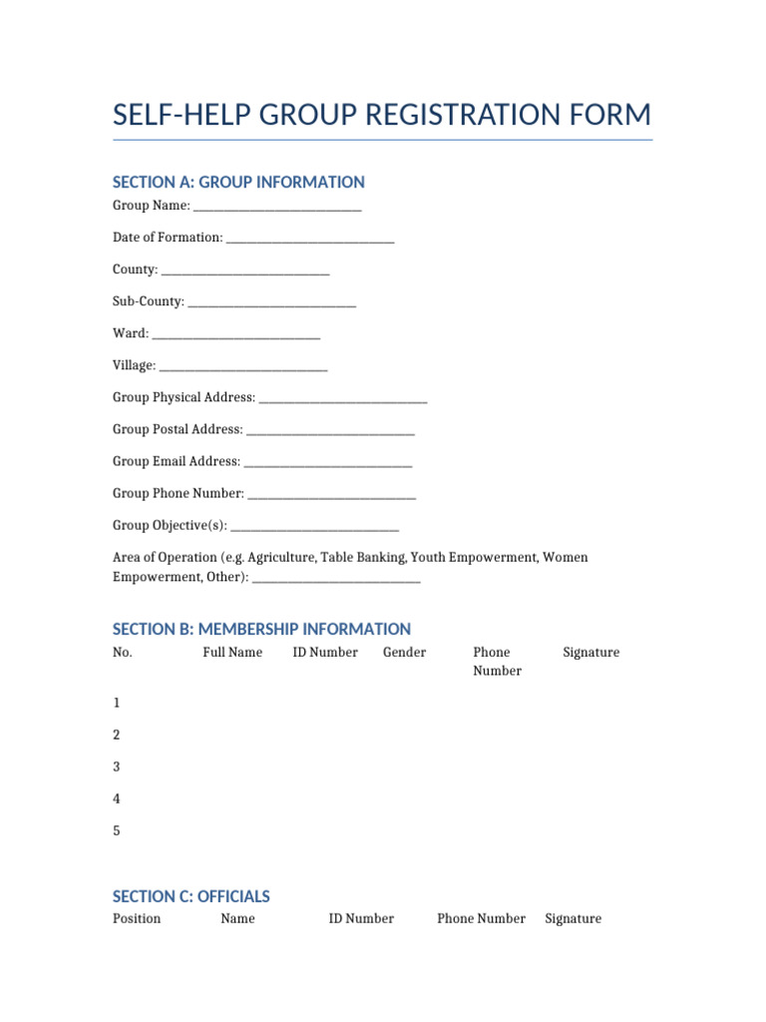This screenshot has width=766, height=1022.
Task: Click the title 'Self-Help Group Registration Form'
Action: [x=382, y=115]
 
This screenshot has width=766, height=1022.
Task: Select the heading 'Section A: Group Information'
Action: [x=238, y=182]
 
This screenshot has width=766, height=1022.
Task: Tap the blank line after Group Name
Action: [x=277, y=208]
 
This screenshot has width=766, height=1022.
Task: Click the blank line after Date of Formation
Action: [x=310, y=240]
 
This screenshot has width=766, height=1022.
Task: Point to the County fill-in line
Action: [x=245, y=271]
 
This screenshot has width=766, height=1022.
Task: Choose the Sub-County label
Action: [x=148, y=301]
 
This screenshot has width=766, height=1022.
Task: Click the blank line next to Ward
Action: [x=236, y=335]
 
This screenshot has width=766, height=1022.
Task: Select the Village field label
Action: [x=134, y=365]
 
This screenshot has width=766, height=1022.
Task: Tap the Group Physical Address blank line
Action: [x=343, y=399]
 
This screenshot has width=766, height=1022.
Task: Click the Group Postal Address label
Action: [x=178, y=429]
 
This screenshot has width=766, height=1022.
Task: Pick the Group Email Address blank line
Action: [x=328, y=463]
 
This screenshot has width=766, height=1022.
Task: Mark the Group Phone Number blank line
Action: [x=332, y=495]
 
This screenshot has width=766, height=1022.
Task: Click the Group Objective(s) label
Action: [x=170, y=525]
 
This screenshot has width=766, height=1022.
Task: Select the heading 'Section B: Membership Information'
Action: [x=261, y=629]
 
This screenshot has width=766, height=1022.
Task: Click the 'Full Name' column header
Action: [x=232, y=653]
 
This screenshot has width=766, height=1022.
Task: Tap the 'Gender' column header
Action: [x=404, y=653]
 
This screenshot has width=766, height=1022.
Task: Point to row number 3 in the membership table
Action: [x=117, y=766]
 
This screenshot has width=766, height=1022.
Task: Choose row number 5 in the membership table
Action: [x=117, y=830]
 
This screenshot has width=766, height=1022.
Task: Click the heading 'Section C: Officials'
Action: [x=191, y=896]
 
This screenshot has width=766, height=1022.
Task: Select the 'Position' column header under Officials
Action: [x=137, y=918]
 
